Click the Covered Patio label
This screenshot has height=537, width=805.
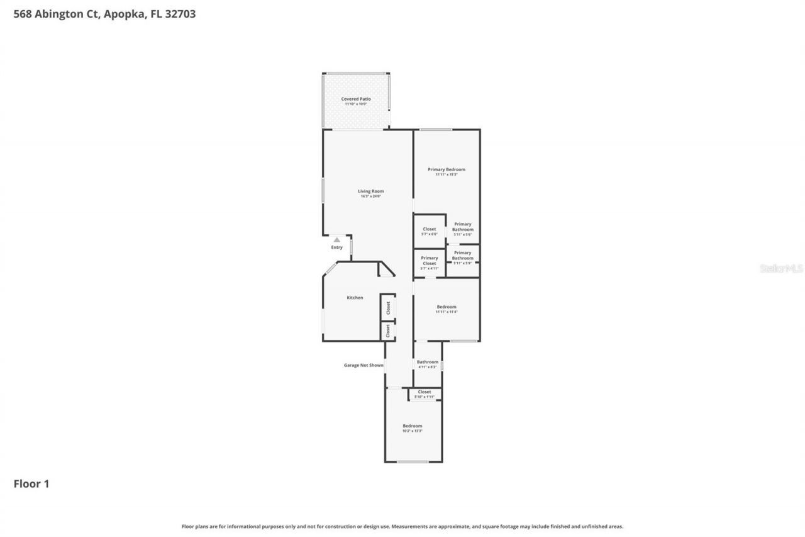356,99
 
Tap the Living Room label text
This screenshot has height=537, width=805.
370,191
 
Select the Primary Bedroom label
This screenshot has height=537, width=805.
447,169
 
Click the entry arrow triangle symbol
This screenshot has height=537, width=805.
337,239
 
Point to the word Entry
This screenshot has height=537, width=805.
337,247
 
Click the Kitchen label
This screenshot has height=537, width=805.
355,297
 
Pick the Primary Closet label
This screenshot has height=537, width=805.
430,260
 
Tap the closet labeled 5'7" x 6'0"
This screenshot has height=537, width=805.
429,231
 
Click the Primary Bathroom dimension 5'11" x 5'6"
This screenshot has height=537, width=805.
463,234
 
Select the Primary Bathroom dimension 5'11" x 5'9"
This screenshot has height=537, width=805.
463,263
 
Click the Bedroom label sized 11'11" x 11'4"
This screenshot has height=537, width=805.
447,309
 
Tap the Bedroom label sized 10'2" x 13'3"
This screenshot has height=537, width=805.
413,428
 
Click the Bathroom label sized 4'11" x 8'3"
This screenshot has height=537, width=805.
428,364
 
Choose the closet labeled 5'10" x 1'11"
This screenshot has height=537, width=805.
425,394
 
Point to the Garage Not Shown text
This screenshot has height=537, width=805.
364,365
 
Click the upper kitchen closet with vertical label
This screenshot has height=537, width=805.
388,308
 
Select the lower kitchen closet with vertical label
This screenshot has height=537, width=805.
388,331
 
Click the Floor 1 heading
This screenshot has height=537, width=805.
31,483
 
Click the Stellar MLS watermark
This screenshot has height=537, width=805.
781,268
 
